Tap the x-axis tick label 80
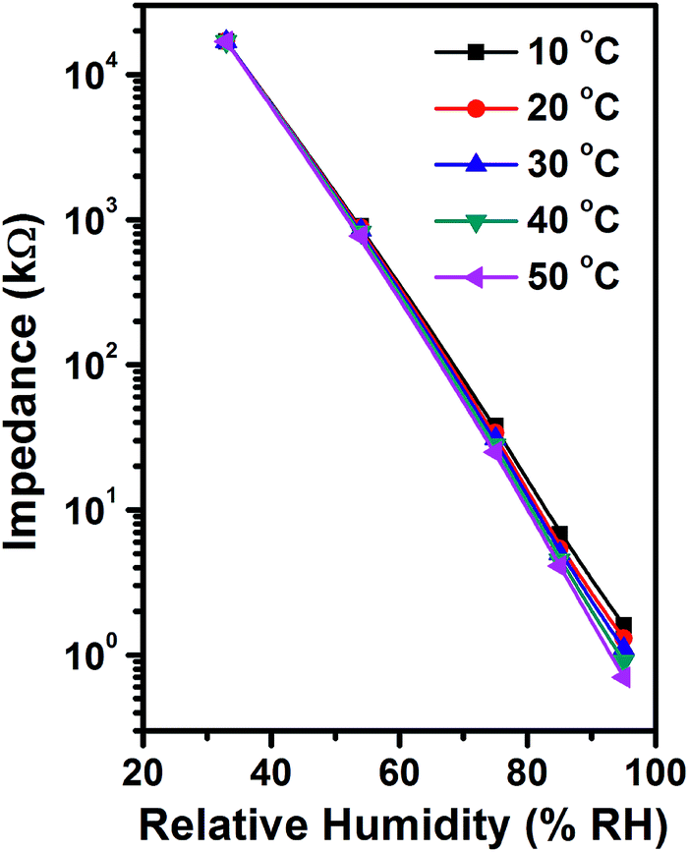pos(527,767)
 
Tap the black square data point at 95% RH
pos(623,625)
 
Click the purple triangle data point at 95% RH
pos(621,678)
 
